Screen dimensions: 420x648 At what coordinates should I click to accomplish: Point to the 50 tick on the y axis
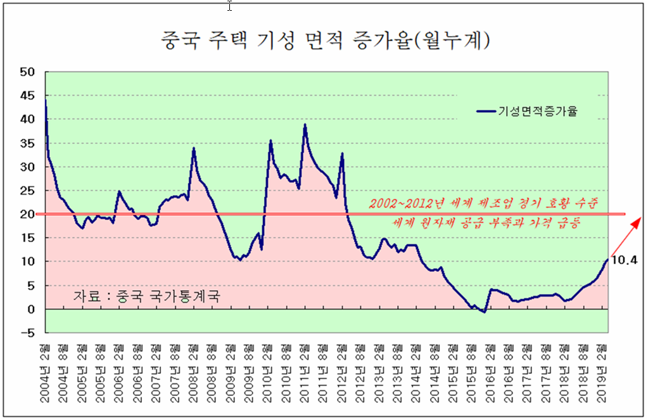[26, 72]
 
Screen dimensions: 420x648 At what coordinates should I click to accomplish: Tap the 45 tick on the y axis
[26, 96]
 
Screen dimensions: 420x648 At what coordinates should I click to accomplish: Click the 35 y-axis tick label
[26, 143]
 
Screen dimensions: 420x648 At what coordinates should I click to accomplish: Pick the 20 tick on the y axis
[26, 214]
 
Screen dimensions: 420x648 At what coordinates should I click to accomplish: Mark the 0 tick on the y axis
[29, 309]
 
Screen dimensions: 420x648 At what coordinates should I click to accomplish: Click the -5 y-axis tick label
[27, 333]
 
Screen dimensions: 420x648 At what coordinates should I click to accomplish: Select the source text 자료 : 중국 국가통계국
[147, 296]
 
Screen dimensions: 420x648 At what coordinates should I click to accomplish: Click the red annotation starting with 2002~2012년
[484, 204]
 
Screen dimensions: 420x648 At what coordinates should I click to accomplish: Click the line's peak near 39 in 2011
[305, 125]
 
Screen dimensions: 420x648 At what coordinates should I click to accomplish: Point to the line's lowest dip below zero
[483, 312]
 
